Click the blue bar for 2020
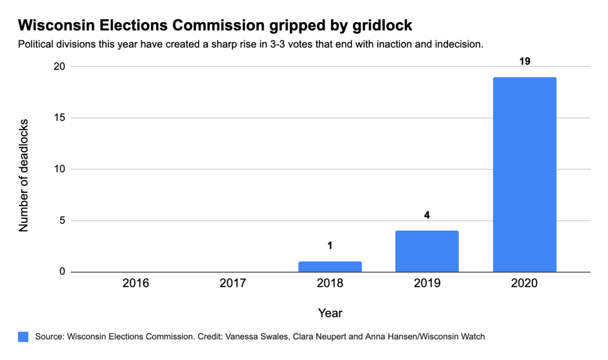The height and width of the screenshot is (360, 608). point(524,175)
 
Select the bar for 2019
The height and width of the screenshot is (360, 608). point(427,251)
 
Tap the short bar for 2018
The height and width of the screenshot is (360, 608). point(330,266)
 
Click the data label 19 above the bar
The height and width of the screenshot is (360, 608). point(524,61)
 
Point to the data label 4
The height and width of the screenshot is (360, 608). point(427,215)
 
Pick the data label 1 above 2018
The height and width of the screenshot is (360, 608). point(330,245)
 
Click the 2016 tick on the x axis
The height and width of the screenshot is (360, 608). point(136,284)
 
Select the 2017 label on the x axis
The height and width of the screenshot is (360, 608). point(233,284)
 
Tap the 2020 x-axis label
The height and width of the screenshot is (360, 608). point(524,284)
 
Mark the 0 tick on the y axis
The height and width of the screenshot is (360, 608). point(62,272)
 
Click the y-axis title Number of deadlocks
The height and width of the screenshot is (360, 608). point(23,175)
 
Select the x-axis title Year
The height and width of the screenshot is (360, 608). point(330,313)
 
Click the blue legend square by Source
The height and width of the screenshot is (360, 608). point(23,337)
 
